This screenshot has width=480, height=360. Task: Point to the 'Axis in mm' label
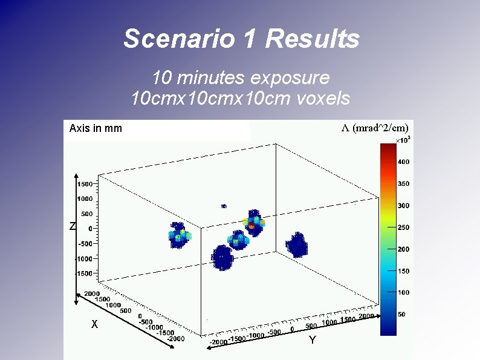pos(96,128)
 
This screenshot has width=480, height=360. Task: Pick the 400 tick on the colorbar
pos(403,162)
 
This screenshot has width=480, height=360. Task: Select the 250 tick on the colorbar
pos(403,227)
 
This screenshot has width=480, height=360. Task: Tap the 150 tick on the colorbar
pos(403,271)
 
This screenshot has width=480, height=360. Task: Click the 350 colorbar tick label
pos(403,184)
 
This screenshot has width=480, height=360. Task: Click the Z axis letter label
pos(72,227)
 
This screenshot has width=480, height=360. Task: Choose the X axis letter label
pos(94,324)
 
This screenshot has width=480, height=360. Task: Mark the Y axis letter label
pos(312,341)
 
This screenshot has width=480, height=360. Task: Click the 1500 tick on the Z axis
pos(84,184)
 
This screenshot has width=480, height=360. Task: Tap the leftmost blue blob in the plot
pos(178,235)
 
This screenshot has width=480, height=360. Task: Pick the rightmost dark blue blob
pos(297,245)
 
